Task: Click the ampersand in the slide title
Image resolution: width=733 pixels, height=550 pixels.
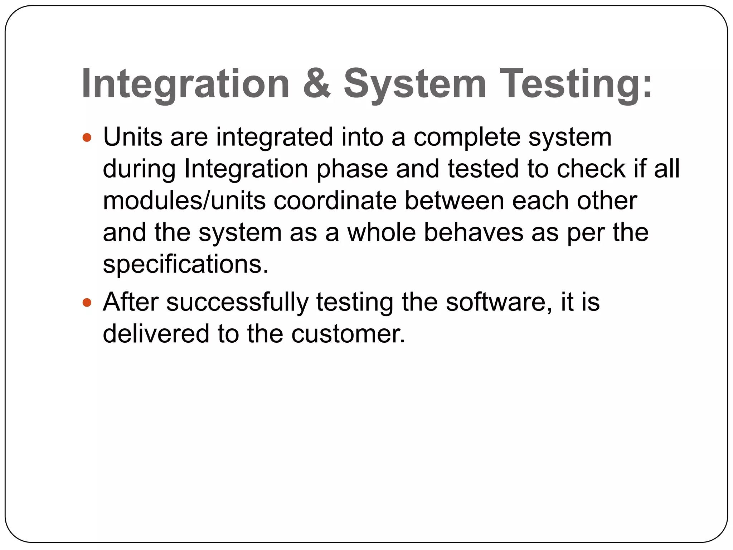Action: pos(317,83)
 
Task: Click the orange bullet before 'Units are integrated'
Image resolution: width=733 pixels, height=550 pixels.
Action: pos(87,137)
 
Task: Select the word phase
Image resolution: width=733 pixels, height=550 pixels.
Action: pos(352,169)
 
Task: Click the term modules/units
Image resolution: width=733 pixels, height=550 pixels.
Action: pos(184,201)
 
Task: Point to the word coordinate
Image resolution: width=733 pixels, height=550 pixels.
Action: pos(335,201)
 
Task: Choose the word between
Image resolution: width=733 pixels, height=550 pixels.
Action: pos(454,201)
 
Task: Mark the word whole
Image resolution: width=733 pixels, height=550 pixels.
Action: pos(382,232)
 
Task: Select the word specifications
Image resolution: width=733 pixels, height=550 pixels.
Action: pos(185,264)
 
